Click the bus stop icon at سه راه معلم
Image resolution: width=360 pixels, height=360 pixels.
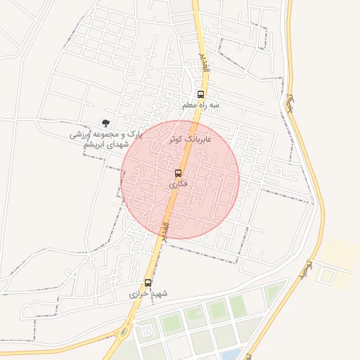(201, 95)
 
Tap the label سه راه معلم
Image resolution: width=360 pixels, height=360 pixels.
(201, 105)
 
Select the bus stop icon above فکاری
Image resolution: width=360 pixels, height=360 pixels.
(179, 173)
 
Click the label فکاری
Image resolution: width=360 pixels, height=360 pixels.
(179, 184)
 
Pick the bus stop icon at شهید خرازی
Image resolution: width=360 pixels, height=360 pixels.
(148, 283)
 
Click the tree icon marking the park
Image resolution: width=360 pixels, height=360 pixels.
(105, 123)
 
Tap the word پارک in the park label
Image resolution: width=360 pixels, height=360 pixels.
(129, 134)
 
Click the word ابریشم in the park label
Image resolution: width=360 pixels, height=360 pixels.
(96, 144)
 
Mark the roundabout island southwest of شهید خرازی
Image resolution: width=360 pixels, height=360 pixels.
(124, 332)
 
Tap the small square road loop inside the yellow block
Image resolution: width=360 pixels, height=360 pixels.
(325, 271)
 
